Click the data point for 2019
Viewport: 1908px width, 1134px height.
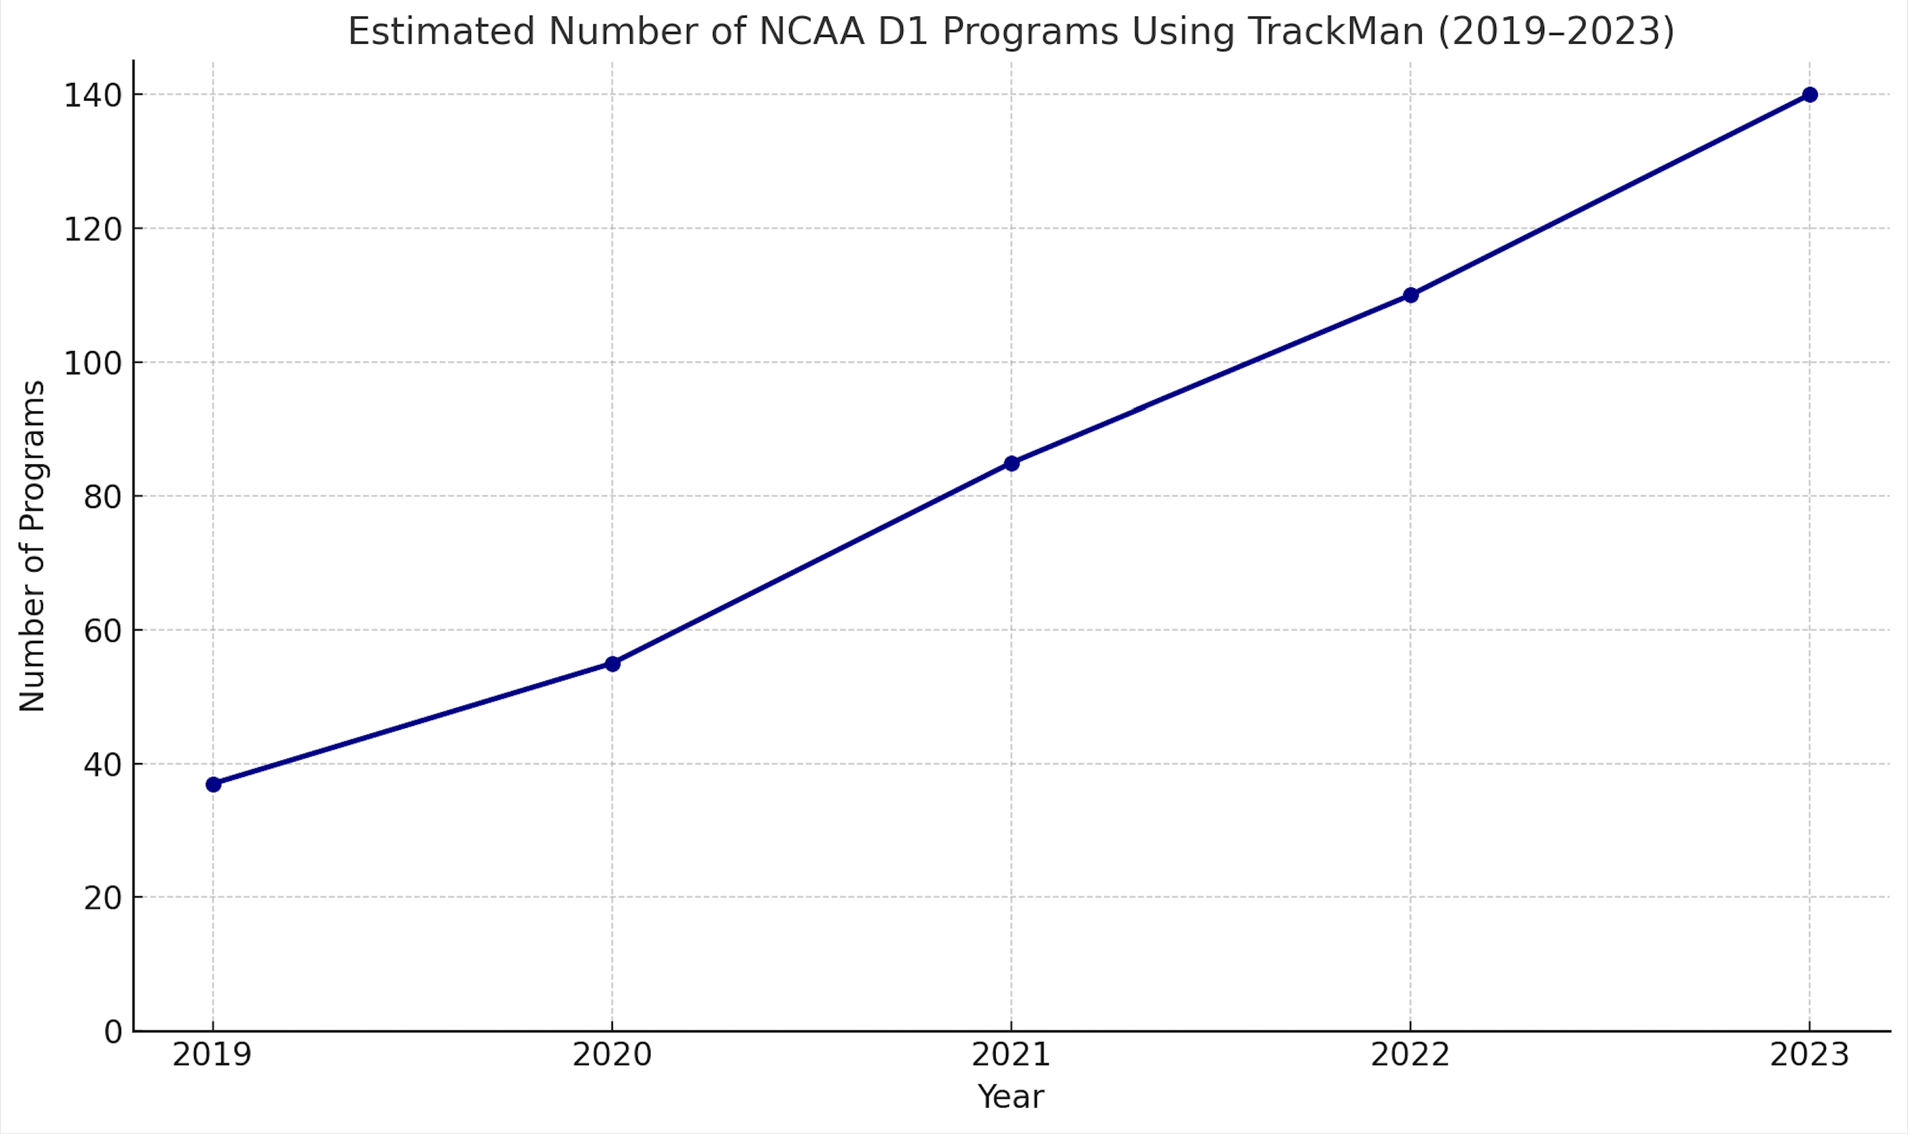click(213, 785)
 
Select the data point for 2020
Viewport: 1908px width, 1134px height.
click(612, 664)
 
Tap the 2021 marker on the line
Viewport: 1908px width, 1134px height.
click(1012, 463)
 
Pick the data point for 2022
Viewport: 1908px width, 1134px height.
click(1410, 295)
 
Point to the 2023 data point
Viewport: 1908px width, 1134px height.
click(1809, 95)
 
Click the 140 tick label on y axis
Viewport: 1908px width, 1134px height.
click(93, 96)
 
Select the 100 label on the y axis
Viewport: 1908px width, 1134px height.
click(93, 364)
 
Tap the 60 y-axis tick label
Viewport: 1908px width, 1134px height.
click(103, 631)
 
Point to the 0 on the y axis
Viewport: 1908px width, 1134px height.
click(113, 1033)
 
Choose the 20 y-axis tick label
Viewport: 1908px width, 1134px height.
click(103, 899)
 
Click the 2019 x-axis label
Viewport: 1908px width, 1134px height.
click(213, 1056)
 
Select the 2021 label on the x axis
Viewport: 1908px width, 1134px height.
click(1011, 1056)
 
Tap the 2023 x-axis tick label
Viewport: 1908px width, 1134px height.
click(1809, 1056)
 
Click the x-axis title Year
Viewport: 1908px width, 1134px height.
click(1010, 1098)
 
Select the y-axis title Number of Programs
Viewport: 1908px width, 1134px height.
click(32, 546)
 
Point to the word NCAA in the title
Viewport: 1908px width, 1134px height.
click(811, 32)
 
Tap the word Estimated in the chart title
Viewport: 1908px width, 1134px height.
click(441, 32)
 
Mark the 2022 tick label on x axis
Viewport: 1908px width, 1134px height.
click(1410, 1056)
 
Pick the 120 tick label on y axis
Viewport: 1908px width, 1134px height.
click(93, 230)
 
